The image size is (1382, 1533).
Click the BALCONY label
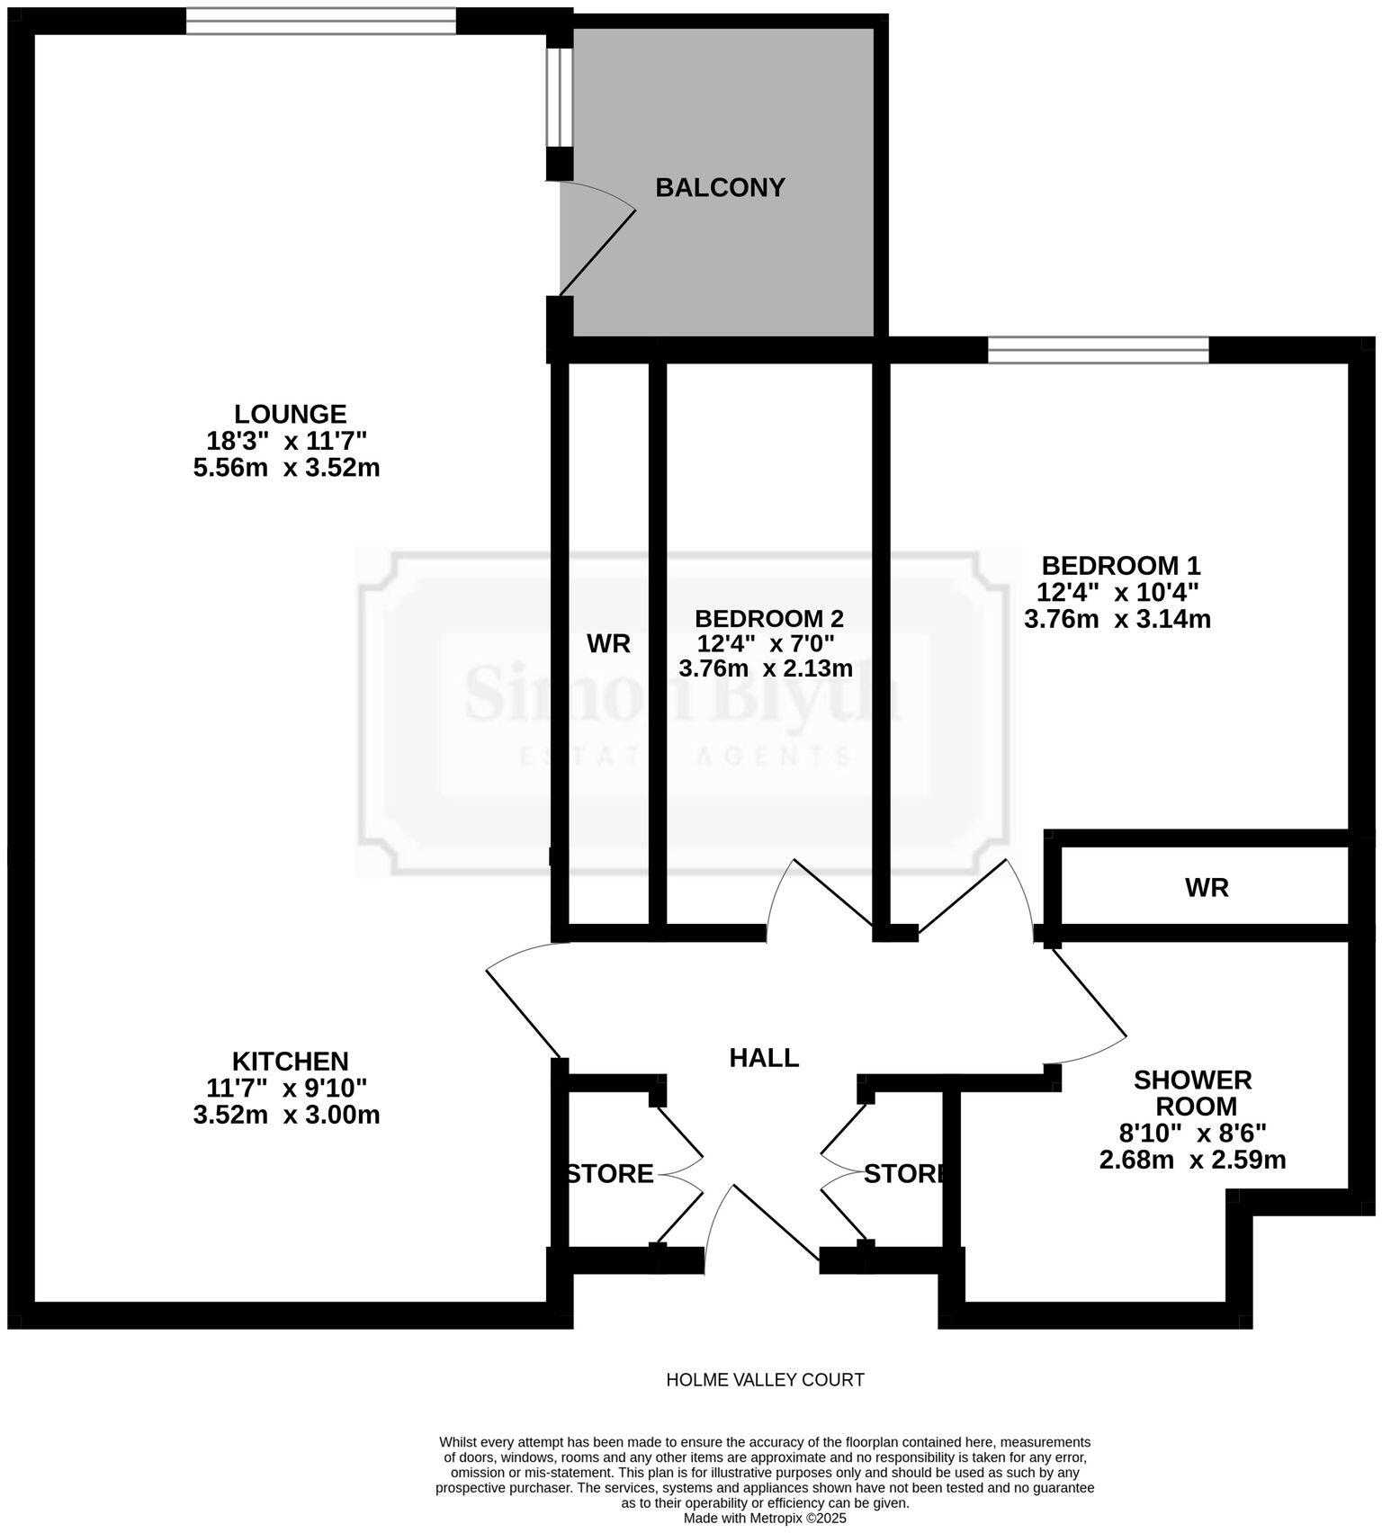720,187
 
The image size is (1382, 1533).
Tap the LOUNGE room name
290,414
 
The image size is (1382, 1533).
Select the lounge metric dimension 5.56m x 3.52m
286,468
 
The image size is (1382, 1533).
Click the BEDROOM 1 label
1120,566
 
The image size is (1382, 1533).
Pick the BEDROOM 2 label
769,619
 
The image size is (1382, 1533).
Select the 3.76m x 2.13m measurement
766,668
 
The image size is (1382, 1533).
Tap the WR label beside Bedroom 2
608,643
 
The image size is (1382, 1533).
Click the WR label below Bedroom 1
1207,888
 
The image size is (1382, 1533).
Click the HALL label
764,1057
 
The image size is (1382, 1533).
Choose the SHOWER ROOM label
1193,1092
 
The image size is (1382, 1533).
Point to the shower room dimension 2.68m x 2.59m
1192,1160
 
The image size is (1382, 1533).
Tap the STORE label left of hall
610,1174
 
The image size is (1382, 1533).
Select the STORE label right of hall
902,1174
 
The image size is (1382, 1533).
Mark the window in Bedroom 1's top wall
1098,349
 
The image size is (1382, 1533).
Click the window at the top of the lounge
321,21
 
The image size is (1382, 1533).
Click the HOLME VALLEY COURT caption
765,1379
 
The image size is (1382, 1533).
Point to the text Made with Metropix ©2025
765,1518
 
